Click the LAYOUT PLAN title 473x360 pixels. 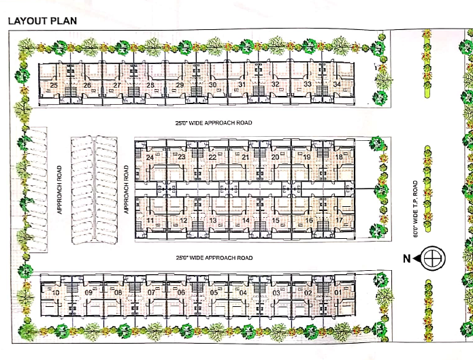tap(42, 21)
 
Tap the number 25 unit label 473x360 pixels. tap(54, 85)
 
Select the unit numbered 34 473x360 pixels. tap(337, 84)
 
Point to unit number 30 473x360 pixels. tap(212, 85)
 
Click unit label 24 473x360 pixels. tap(150, 157)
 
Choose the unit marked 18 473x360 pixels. tap(339, 157)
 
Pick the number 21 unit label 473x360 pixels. tap(245, 157)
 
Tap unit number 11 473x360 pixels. tap(150, 220)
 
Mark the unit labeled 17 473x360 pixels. tap(339, 220)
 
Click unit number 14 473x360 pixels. tap(246, 220)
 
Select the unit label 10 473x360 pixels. tap(56, 293)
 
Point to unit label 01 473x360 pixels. tap(338, 293)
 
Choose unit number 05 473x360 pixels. tap(214, 293)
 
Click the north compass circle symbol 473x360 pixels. tap(433, 259)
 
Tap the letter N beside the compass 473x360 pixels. tap(406, 259)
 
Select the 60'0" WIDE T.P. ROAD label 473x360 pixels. tap(416, 209)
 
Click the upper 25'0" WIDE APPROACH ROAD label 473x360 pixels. tap(214, 122)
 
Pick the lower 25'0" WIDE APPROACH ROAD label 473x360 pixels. tap(214, 258)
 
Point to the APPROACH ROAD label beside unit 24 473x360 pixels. tap(126, 189)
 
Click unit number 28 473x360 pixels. tap(150, 85)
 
